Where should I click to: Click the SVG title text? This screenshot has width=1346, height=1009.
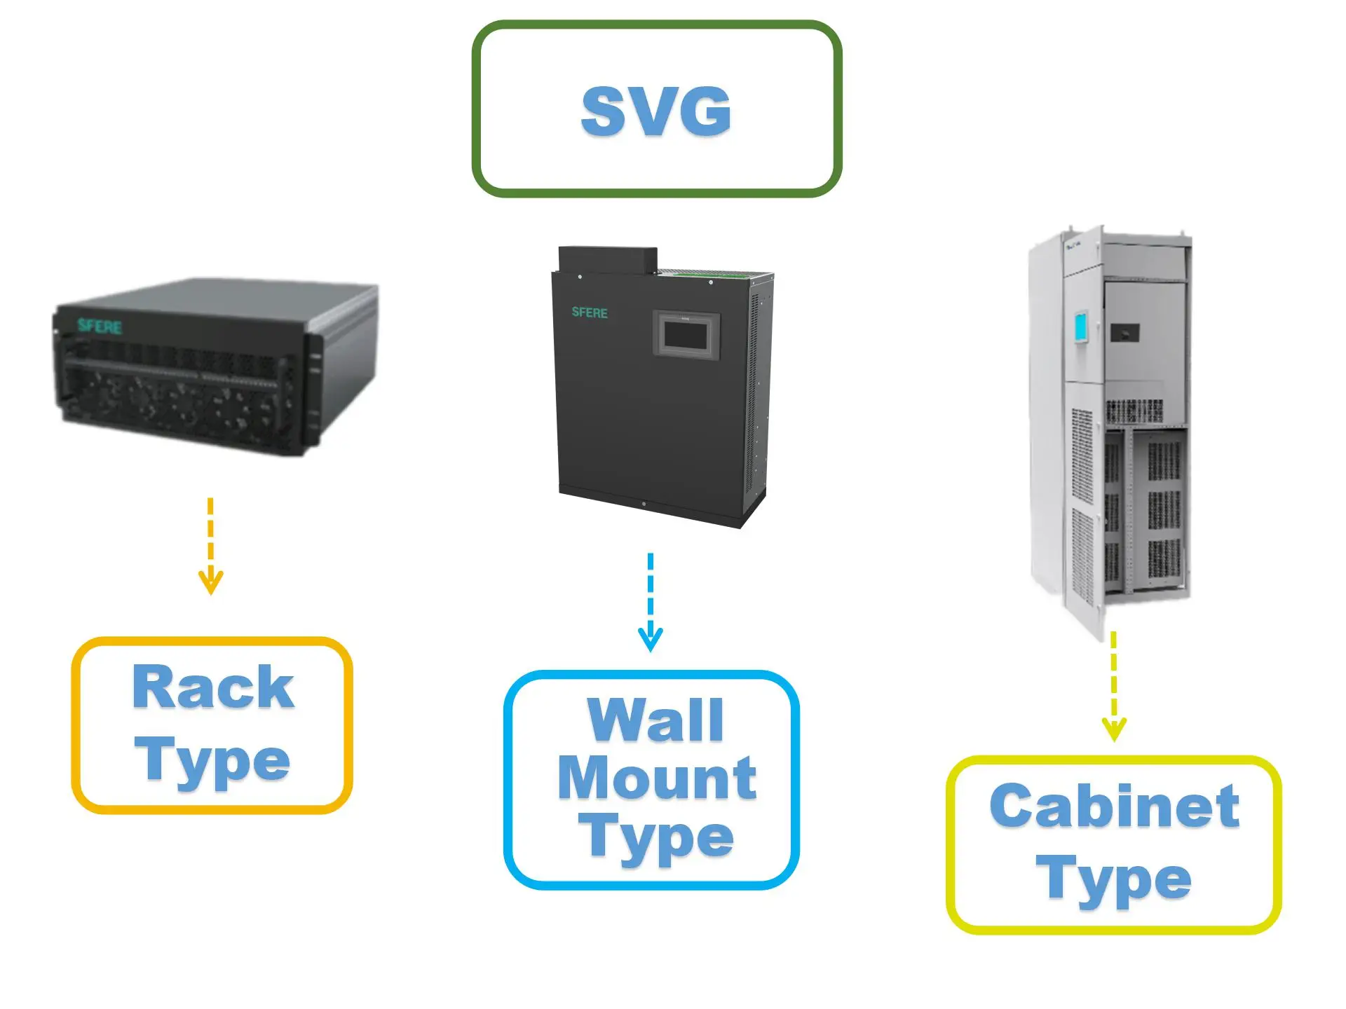click(656, 111)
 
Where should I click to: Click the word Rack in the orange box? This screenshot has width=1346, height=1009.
click(212, 687)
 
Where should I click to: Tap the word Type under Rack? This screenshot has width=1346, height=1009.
click(212, 762)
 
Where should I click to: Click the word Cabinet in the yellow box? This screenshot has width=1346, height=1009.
click(1114, 806)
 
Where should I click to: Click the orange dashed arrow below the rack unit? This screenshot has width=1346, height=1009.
click(210, 547)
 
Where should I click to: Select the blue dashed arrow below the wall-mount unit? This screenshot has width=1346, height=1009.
click(651, 603)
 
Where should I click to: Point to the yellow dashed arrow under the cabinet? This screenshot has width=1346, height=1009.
click(1114, 687)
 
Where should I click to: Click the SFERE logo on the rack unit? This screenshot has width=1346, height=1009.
click(100, 326)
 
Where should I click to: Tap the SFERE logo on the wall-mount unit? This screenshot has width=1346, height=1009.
click(589, 313)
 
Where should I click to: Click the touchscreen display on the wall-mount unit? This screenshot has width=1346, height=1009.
click(687, 335)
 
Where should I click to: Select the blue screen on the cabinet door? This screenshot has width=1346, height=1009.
click(1081, 328)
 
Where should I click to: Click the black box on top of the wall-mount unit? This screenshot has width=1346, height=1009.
click(607, 259)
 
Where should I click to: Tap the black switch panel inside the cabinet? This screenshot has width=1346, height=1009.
click(1124, 332)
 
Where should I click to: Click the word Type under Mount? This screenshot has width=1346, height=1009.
click(656, 837)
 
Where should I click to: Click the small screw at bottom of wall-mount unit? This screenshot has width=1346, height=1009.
click(644, 504)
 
